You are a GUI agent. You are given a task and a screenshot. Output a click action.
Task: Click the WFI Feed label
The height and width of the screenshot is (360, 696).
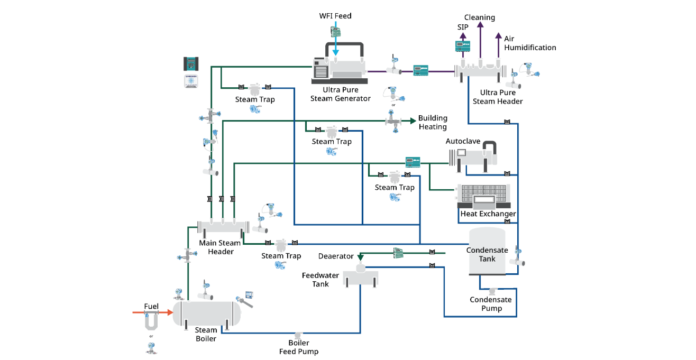[335, 16]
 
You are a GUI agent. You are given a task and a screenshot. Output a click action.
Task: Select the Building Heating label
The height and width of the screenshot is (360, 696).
[433, 122]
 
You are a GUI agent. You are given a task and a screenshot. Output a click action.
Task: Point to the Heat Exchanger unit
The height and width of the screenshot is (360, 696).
[484, 196]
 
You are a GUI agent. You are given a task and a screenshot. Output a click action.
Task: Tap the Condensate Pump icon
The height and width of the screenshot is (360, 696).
[492, 290]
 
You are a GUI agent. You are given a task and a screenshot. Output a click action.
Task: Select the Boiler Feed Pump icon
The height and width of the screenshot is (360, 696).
[298, 335]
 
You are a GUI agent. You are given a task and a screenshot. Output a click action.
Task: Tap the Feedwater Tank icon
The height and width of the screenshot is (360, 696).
[361, 276]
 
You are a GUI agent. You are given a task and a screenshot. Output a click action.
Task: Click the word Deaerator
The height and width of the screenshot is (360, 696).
[336, 256]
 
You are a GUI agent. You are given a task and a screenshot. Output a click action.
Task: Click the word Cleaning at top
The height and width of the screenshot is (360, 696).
[479, 17]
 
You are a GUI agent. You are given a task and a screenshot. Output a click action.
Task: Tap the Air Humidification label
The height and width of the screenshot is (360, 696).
[529, 43]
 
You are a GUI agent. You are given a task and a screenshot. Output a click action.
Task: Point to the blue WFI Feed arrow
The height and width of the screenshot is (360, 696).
[335, 42]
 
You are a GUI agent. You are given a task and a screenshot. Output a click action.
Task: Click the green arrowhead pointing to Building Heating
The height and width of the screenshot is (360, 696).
[412, 121]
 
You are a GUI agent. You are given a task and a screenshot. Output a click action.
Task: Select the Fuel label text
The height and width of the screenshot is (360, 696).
[151, 306]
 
